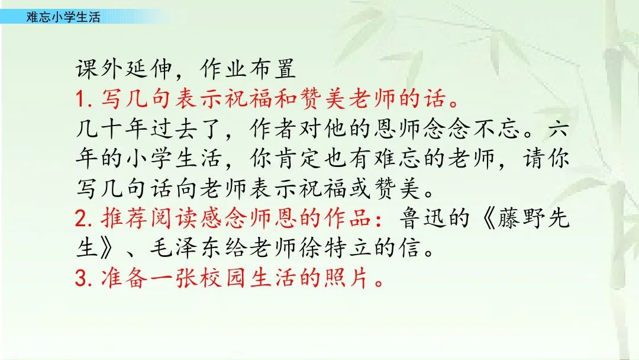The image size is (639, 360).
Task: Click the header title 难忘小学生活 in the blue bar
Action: [x=63, y=17]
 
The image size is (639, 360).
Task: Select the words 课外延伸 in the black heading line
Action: [x=124, y=69]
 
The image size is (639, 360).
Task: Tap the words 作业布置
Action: [x=248, y=69]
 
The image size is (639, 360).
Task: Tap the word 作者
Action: [x=272, y=128]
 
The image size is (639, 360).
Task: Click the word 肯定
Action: [x=296, y=158]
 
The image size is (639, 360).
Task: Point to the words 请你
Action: [x=546, y=158]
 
